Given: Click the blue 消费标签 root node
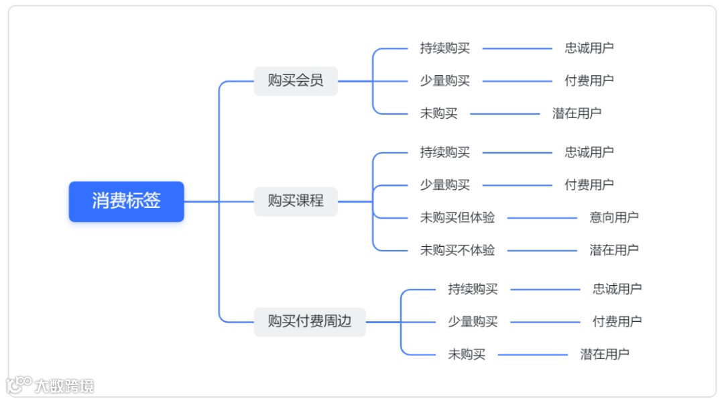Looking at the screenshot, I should coord(126,201).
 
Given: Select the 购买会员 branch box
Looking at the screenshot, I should coord(296,81).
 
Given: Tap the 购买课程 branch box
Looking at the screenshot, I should coord(296,201).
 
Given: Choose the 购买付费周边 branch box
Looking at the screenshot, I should coord(310,322).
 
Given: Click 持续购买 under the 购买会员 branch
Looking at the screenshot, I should coord(445,48).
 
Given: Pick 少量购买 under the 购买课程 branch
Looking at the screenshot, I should coord(445,185).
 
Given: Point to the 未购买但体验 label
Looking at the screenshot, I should coord(457,217).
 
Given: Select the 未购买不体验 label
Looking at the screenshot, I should coord(457,250).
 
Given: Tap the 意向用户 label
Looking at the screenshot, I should coord(614,217).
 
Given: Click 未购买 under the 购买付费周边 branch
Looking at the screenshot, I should coord(467,354).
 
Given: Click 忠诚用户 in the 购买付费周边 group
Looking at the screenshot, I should coord(617,289).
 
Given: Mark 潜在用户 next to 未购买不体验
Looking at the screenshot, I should coord(614,250).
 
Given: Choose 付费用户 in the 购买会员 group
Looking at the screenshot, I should coord(589,81).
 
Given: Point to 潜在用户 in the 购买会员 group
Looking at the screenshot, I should coord(577,113).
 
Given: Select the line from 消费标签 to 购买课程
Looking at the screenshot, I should coord(219,201).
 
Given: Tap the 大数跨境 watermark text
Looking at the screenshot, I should coord(64,386).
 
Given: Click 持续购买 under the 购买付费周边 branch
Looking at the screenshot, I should coord(473,289).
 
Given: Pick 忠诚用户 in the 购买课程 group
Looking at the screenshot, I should coord(589,152).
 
